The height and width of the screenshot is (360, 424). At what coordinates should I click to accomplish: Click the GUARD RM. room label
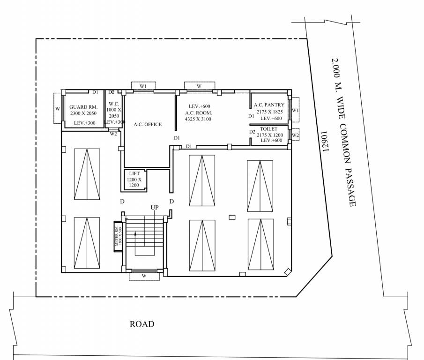pyautogui.click(x=83, y=107)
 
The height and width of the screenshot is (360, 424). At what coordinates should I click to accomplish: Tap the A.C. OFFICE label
pyautogui.click(x=148, y=124)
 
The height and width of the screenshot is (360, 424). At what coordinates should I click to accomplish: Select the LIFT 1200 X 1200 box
pyautogui.click(x=134, y=180)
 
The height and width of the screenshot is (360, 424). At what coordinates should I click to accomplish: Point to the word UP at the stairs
pyautogui.click(x=155, y=207)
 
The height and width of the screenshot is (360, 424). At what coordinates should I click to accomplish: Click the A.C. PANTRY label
pyautogui.click(x=269, y=105)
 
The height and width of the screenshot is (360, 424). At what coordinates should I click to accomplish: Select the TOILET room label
pyautogui.click(x=269, y=128)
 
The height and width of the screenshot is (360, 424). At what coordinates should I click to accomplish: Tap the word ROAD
pyautogui.click(x=142, y=324)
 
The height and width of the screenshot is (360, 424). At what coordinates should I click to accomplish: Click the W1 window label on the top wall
pyautogui.click(x=143, y=86)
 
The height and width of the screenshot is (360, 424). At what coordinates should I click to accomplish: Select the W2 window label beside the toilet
pyautogui.click(x=295, y=135)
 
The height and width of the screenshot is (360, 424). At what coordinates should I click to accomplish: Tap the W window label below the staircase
pyautogui.click(x=144, y=276)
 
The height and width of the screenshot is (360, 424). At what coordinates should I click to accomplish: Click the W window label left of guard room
pyautogui.click(x=58, y=108)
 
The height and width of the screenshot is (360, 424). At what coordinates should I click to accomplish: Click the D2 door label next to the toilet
pyautogui.click(x=253, y=132)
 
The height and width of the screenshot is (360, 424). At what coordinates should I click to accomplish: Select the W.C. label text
pyautogui.click(x=114, y=104)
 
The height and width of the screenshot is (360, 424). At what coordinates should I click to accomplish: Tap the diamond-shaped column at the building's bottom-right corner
pyautogui.click(x=287, y=271)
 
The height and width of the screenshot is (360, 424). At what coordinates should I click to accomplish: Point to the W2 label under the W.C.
pyautogui.click(x=113, y=134)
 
